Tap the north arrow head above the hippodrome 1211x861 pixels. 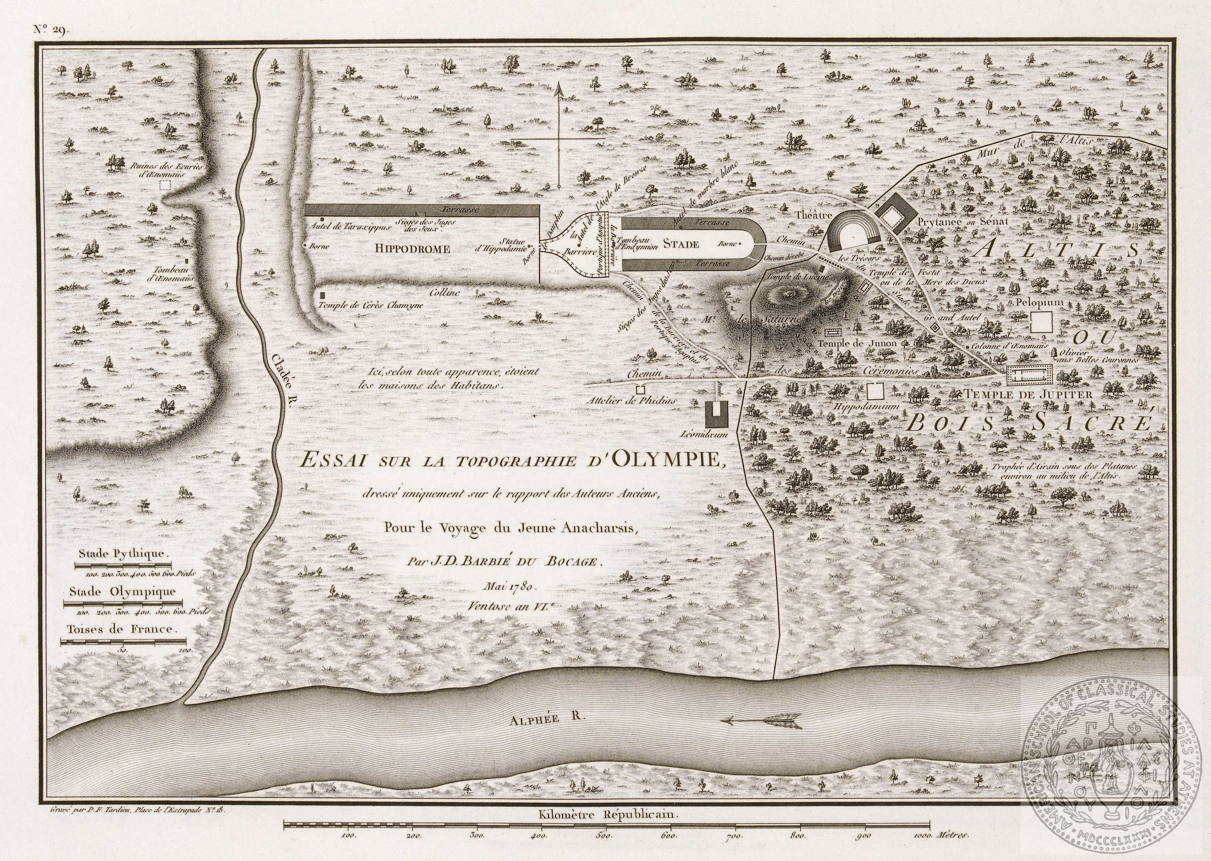pos(558,91)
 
